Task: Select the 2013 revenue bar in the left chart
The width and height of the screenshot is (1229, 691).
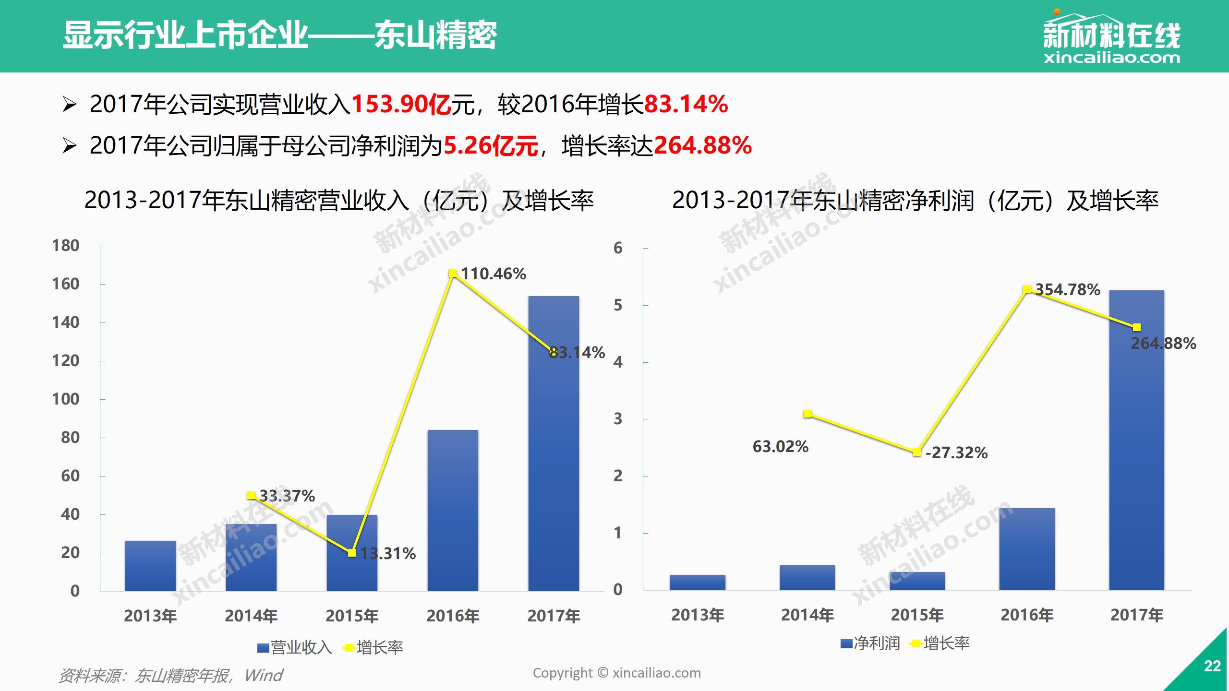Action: pyautogui.click(x=150, y=566)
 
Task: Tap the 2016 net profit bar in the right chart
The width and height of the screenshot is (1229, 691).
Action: pyautogui.click(x=1027, y=549)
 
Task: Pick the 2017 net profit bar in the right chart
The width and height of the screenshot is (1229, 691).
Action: pyautogui.click(x=1136, y=456)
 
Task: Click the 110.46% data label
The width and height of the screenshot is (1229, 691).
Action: pyautogui.click(x=494, y=274)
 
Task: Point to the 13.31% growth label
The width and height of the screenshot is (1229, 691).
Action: pyautogui.click(x=388, y=554)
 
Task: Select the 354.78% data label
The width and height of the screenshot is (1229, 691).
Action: pyautogui.click(x=1068, y=290)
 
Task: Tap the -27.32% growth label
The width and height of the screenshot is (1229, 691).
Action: pyautogui.click(x=956, y=453)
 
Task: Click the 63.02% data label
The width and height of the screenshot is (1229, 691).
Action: pyautogui.click(x=780, y=447)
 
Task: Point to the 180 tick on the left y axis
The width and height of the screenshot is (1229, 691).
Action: pyautogui.click(x=66, y=246)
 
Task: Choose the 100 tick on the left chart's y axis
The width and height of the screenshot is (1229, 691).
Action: pyautogui.click(x=66, y=399)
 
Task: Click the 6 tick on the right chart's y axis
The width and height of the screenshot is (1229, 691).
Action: pyautogui.click(x=618, y=248)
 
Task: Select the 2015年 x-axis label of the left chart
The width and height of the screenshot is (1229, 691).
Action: pyautogui.click(x=352, y=616)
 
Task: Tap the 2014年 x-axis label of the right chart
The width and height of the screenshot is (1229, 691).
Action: pyautogui.click(x=807, y=615)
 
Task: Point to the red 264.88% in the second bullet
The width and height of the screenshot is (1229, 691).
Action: pyautogui.click(x=703, y=145)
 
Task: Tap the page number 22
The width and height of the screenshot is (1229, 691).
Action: pyautogui.click(x=1212, y=666)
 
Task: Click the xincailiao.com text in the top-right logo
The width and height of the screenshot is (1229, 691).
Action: pyautogui.click(x=1111, y=58)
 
